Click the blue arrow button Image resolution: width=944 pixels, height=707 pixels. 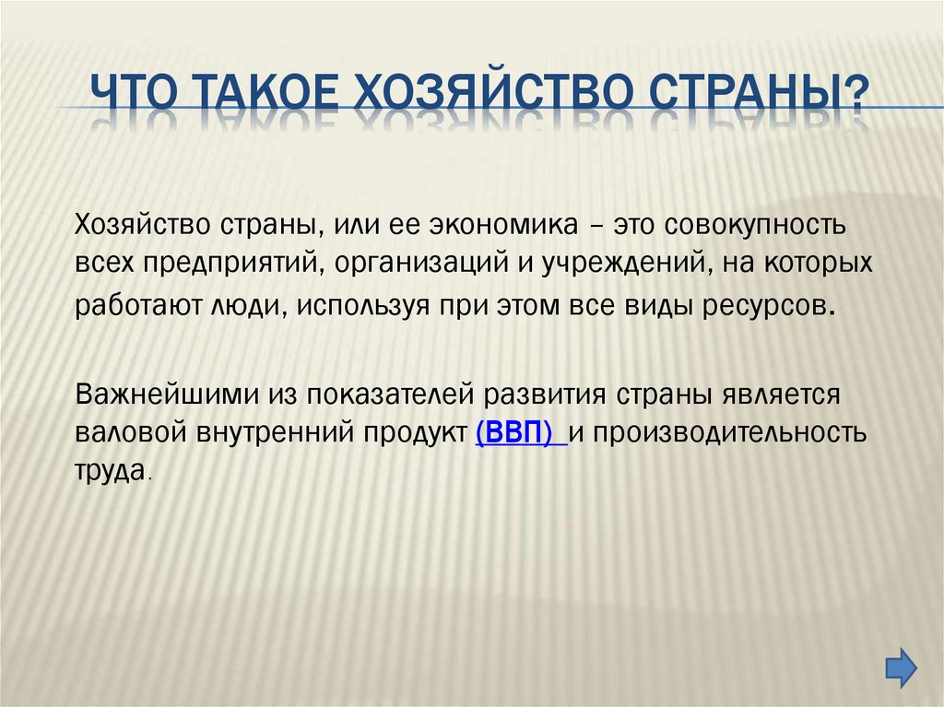click(x=901, y=666)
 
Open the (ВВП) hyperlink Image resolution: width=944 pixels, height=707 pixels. click(x=520, y=432)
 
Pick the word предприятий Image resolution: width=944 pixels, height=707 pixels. click(x=229, y=265)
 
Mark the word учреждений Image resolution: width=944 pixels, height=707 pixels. click(x=612, y=265)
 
